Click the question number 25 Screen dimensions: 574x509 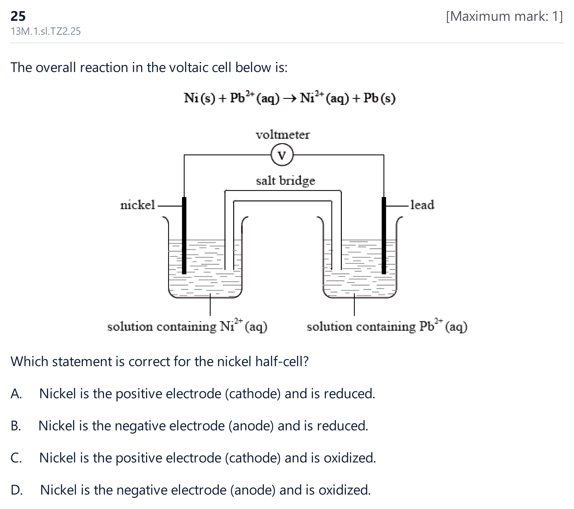click(18, 16)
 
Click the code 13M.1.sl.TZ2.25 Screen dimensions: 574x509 click(45, 31)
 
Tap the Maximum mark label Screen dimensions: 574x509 click(504, 16)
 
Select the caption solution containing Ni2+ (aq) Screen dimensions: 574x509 click(187, 326)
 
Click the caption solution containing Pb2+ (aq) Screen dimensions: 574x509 click(387, 326)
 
